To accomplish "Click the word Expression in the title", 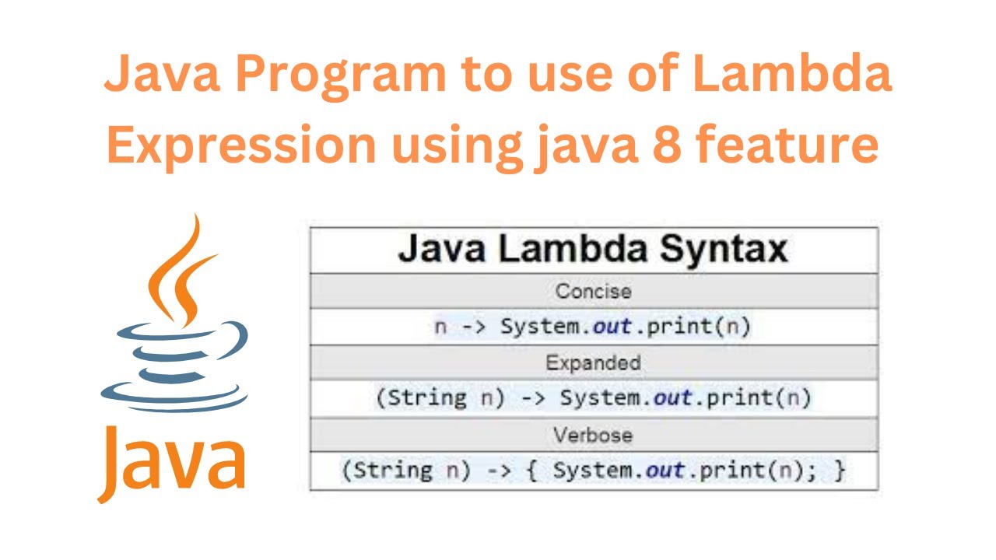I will coord(241,145).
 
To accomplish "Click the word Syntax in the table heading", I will coord(724,250).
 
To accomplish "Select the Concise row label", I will coord(594,291).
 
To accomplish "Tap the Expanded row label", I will coord(594,363).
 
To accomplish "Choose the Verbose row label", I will coord(594,435).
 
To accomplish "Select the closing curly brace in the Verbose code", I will coord(838,471).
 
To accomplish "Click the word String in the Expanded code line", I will coord(426,398).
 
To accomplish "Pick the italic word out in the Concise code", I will coord(611,327).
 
